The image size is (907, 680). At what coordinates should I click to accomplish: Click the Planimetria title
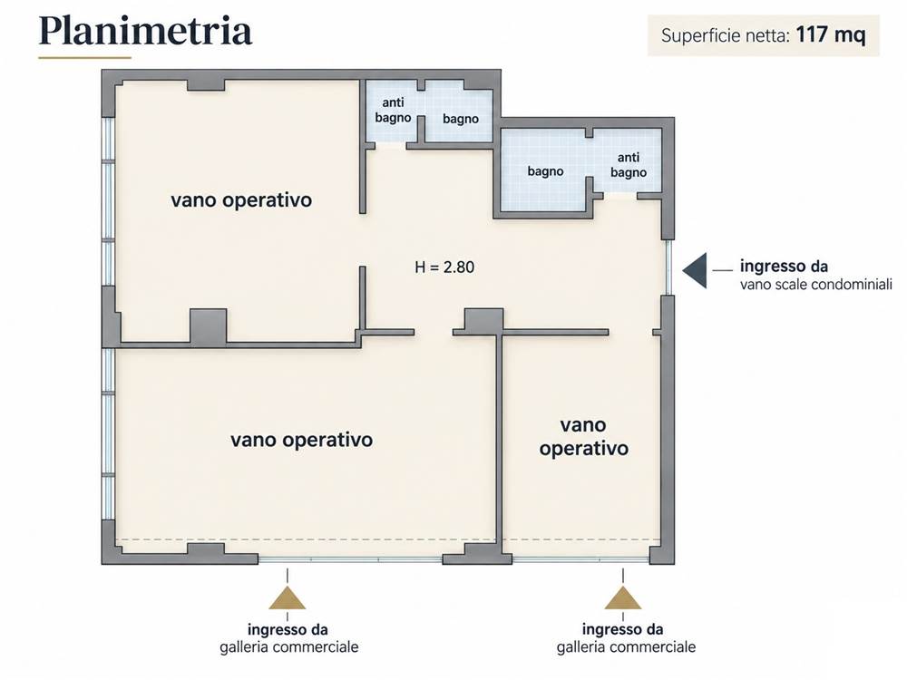tap(145, 32)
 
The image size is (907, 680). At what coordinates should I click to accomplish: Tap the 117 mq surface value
tap(831, 35)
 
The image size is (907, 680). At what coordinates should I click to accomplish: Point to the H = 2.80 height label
tap(444, 267)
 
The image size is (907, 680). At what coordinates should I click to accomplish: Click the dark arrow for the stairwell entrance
tap(695, 270)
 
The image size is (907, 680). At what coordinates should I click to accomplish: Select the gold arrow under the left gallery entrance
tap(288, 598)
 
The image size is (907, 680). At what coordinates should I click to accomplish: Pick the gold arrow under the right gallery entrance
tap(623, 598)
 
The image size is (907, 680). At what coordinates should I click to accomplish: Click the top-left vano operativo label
tap(241, 200)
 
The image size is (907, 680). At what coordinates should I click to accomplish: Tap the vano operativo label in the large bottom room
tap(301, 440)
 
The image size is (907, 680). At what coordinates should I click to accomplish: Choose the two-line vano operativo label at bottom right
tap(583, 437)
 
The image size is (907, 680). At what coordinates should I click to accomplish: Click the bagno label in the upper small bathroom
tap(461, 119)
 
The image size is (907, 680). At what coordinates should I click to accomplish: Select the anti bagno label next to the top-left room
tap(393, 110)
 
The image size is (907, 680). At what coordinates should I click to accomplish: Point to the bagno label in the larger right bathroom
tap(545, 171)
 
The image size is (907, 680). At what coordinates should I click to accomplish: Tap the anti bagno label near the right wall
tap(629, 165)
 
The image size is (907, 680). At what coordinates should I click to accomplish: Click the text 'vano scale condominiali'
tap(815, 285)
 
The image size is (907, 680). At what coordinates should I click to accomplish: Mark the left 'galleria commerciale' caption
tap(288, 647)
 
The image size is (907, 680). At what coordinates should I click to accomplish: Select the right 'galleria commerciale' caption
tap(626, 647)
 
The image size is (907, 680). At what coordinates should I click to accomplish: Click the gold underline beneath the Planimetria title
tap(85, 58)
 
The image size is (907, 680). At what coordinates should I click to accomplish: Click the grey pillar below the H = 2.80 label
tap(483, 321)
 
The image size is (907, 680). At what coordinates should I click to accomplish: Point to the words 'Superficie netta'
tap(726, 36)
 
